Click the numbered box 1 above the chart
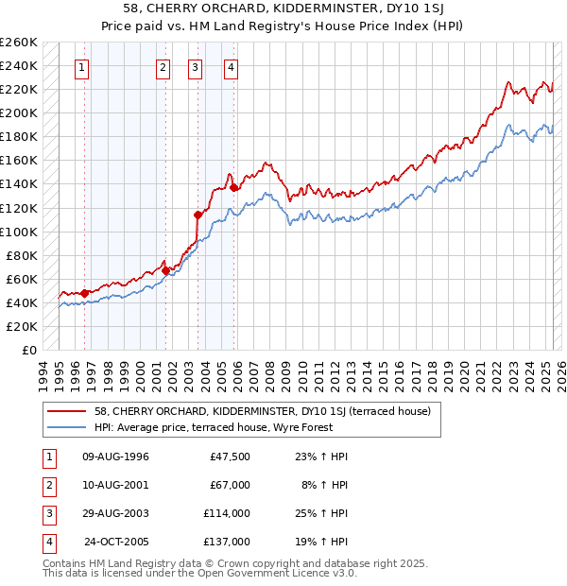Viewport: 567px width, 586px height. coord(83,67)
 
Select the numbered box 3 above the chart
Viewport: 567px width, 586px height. coord(195,67)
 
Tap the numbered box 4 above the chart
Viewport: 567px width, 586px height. coord(231,67)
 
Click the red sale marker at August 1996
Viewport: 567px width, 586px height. coord(85,293)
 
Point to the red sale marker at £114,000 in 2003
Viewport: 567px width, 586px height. coord(198,214)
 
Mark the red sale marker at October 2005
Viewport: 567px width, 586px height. coord(233,187)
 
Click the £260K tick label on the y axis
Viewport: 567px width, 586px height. coord(19,43)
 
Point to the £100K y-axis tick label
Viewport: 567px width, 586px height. coord(19,232)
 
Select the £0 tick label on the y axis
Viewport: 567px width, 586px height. coord(27,350)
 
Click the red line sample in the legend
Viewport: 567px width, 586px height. coord(66,411)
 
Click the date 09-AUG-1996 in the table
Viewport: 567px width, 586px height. coord(116,457)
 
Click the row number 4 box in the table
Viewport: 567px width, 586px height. coord(46,542)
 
